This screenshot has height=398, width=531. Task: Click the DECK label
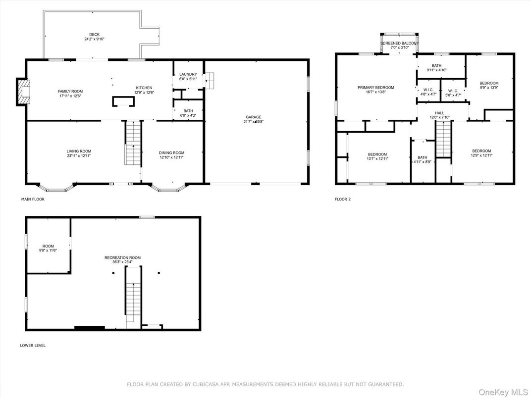94,35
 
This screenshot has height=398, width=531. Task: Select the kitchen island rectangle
123,101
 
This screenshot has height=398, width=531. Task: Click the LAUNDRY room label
188,74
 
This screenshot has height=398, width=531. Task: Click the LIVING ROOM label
79,151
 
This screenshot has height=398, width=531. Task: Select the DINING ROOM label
171,152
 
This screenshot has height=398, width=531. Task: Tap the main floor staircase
133,144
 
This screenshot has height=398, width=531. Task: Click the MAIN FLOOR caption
33,199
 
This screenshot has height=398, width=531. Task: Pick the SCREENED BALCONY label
399,44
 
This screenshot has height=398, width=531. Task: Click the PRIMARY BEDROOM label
376,88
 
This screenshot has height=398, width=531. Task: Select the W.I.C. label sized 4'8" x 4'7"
428,90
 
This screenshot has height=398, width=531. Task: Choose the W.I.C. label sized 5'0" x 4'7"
453,91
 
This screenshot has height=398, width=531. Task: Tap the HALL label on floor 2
440,113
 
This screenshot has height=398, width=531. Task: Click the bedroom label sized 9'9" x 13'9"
489,83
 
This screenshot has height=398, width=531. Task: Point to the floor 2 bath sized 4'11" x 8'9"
422,157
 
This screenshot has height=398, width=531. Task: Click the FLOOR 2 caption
343,199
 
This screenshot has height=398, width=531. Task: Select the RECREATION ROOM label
122,257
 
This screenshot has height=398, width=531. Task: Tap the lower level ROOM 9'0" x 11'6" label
48,246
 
